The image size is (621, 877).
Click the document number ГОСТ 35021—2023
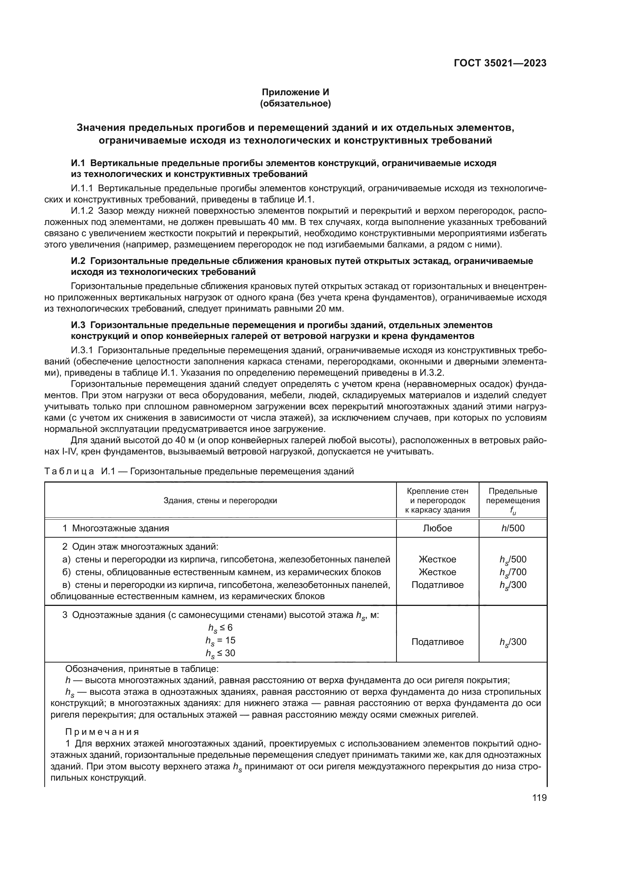pyautogui.click(x=500, y=63)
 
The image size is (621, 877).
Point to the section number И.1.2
pyautogui.click(x=82, y=211)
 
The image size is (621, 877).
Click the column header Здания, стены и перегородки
pyautogui.click(x=220, y=501)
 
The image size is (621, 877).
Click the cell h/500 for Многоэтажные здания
pyautogui.click(x=513, y=528)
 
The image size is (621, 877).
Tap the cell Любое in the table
pyautogui.click(x=437, y=528)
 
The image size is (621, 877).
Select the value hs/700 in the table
pyautogui.click(x=513, y=572)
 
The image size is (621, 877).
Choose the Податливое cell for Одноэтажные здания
pyautogui.click(x=437, y=642)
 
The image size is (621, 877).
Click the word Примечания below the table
pyautogui.click(x=102, y=732)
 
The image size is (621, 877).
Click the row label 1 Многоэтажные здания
pyautogui.click(x=116, y=528)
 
